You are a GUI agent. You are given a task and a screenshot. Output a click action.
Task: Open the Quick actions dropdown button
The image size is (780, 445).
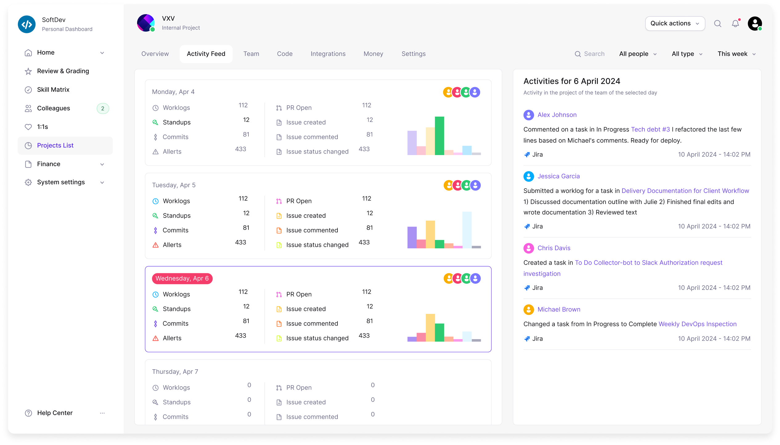click(675, 23)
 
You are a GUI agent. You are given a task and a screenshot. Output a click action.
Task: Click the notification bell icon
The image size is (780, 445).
click(735, 23)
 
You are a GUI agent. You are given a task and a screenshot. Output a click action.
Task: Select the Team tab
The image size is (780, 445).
click(251, 54)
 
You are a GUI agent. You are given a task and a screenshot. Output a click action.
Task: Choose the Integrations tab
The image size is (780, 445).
click(328, 54)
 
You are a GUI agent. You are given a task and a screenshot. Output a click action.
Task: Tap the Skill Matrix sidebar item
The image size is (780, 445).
click(53, 90)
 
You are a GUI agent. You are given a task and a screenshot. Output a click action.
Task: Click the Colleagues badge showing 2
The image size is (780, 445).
click(103, 108)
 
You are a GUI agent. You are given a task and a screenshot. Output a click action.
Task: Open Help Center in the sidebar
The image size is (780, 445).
click(55, 413)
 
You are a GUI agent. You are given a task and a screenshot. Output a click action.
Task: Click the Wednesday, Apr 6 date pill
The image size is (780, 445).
click(182, 279)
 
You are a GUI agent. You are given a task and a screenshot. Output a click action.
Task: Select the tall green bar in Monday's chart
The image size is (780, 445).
click(439, 135)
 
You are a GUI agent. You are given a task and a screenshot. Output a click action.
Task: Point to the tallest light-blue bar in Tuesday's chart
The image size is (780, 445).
click(467, 230)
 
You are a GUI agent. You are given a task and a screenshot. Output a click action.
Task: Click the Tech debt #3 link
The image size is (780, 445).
click(650, 129)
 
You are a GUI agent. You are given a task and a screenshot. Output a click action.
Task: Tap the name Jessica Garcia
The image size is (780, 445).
click(558, 176)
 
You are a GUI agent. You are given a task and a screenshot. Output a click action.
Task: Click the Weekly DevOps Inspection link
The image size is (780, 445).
click(697, 324)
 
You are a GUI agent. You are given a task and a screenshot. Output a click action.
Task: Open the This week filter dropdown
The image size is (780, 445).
click(736, 54)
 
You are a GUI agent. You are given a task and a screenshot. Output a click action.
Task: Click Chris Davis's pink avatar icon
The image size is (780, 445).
click(529, 248)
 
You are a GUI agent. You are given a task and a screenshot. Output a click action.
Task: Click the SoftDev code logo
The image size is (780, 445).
click(27, 24)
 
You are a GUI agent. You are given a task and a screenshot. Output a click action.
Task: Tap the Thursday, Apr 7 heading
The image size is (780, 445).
click(175, 371)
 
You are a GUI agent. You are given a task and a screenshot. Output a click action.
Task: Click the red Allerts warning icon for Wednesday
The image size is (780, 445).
click(156, 338)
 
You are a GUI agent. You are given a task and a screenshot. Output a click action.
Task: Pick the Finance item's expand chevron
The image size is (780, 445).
click(102, 164)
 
